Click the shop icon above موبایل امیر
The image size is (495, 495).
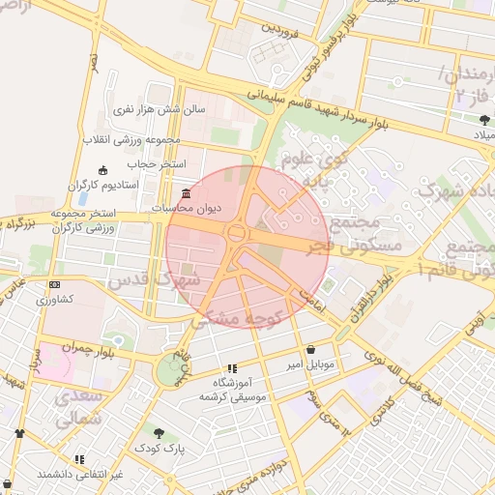point(310,349)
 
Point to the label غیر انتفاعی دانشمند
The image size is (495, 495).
point(79,475)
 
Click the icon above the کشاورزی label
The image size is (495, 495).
point(54,285)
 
